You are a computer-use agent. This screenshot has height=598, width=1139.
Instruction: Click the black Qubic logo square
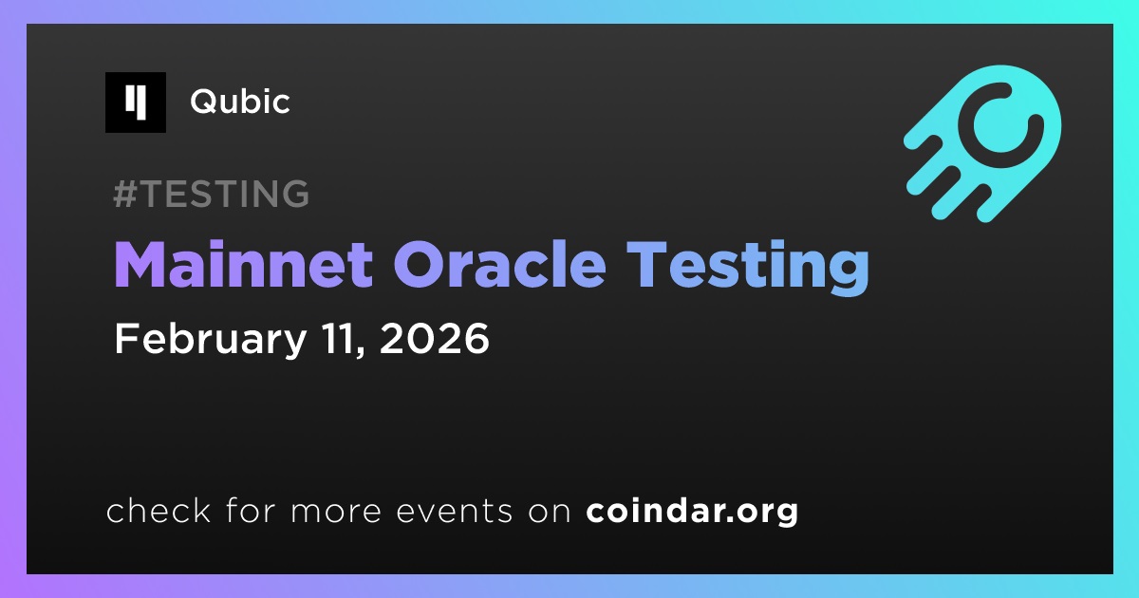coord(135,103)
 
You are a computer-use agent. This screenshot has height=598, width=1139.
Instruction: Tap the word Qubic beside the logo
coord(240,102)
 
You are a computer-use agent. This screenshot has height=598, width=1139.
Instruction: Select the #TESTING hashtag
coord(211,194)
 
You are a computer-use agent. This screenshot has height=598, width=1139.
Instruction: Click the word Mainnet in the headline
coord(244,265)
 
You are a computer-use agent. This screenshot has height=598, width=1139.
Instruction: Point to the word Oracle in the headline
coord(499,265)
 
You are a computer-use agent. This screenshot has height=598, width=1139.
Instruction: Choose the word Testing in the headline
coord(748,268)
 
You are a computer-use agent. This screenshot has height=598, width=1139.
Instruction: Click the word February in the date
coord(211,340)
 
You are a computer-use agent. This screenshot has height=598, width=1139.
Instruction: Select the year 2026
coord(435,339)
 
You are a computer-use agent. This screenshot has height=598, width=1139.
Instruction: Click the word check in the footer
coord(159,510)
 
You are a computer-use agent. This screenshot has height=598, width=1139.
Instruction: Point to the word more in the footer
coord(336,512)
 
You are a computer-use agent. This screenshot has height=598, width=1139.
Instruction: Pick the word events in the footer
coord(455,512)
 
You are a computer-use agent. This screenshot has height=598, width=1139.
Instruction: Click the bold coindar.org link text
coord(692,512)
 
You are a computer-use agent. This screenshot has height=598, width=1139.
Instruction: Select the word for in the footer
coord(251,510)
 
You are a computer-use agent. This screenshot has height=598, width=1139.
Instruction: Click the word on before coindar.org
coord(550,512)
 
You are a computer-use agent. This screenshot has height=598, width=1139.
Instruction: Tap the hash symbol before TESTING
coord(125,194)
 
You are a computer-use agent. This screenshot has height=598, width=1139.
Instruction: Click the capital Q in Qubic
coord(204,102)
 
